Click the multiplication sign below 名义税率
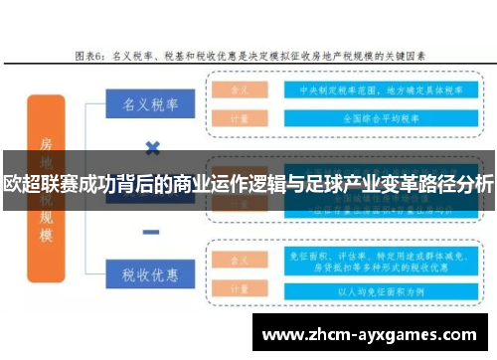pyautogui.click(x=152, y=148)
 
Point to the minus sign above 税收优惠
pyautogui.click(x=152, y=232)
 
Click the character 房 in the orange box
pyautogui.click(x=46, y=143)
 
